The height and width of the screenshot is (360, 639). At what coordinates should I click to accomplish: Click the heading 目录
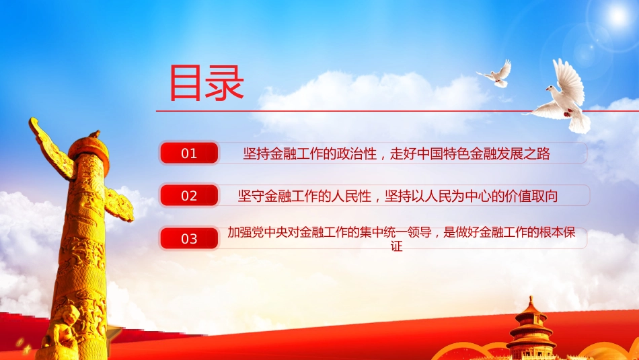click(x=206, y=83)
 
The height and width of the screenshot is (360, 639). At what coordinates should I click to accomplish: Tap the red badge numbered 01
click(x=189, y=153)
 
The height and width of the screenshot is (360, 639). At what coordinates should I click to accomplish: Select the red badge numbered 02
click(x=189, y=196)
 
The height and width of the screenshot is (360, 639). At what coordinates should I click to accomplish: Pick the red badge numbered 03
click(x=189, y=238)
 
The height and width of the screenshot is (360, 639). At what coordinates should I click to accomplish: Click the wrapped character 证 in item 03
click(x=397, y=246)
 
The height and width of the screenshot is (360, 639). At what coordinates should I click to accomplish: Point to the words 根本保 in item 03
click(x=557, y=232)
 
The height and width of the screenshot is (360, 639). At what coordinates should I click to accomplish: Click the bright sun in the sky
click(x=618, y=16)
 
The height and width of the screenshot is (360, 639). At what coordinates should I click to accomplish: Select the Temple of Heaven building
click(x=531, y=330)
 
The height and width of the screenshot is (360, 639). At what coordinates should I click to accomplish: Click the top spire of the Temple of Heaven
click(x=531, y=301)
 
